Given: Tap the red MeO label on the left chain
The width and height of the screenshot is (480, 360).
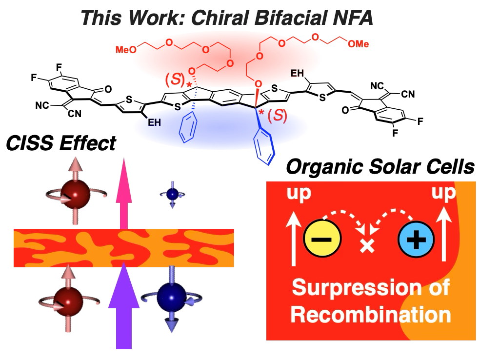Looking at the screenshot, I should pyautogui.click(x=123, y=49).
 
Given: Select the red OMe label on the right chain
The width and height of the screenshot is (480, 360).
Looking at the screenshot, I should pyautogui.click(x=358, y=44).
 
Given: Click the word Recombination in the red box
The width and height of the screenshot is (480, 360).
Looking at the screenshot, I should pyautogui.click(x=371, y=315).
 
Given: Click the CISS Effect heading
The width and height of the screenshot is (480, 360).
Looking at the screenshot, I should pyautogui.click(x=60, y=143).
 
